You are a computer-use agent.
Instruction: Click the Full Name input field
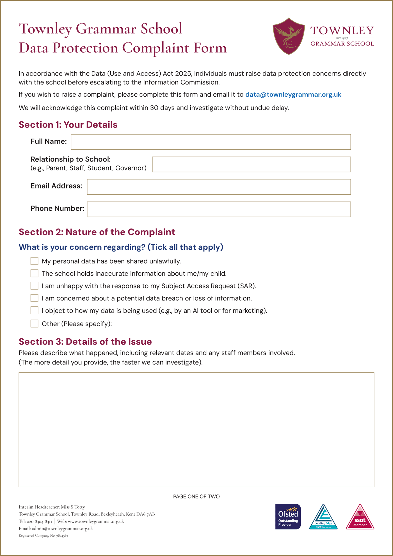211,142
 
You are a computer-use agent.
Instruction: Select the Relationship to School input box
251,164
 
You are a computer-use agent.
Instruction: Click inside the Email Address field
219,187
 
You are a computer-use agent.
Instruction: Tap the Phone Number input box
219,209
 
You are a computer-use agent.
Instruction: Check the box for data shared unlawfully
34,261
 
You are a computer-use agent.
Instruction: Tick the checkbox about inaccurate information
34,274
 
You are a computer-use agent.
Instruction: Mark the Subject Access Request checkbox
34,286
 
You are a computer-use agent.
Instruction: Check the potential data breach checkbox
34,298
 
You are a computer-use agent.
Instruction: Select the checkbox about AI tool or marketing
34,311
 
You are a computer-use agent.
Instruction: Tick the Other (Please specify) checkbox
34,324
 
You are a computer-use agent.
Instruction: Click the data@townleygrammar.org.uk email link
293,95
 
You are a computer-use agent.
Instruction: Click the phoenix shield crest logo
289,36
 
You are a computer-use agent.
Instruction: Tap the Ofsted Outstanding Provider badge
288,517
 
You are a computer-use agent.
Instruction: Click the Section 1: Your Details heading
68,125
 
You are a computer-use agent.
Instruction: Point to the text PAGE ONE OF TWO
196,496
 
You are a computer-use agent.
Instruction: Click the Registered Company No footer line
43,536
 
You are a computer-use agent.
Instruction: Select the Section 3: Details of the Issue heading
85,342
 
